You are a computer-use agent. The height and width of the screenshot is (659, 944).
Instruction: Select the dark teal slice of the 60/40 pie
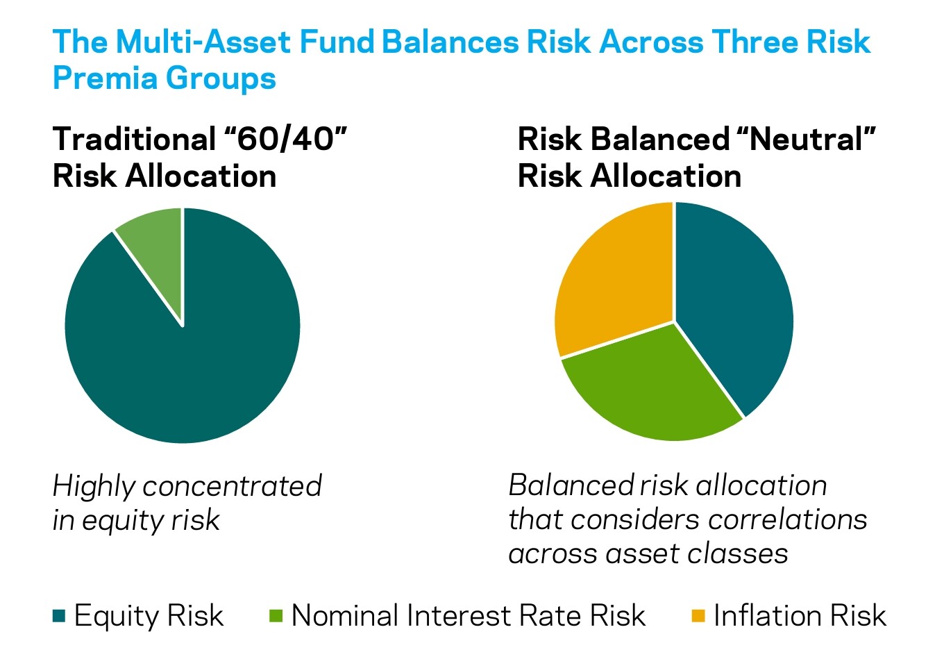tap(185, 358)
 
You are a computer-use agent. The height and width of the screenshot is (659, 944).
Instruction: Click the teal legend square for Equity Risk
tap(59, 616)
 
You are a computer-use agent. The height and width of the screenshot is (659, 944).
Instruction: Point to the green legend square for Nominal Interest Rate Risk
tap(276, 616)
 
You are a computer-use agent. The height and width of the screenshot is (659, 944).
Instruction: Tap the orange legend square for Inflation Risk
tap(698, 616)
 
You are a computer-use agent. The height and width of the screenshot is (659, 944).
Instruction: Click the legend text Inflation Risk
tap(800, 615)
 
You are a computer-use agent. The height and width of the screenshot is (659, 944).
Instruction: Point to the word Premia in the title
tap(104, 78)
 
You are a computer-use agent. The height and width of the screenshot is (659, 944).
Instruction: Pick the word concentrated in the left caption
tap(233, 485)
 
